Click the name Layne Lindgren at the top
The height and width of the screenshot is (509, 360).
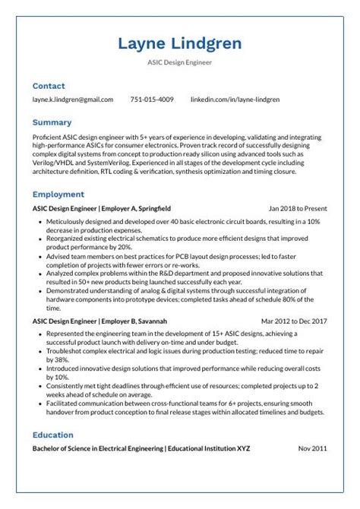179,43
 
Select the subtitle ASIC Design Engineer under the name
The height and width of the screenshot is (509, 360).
179,62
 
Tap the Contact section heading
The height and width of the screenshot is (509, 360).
49,86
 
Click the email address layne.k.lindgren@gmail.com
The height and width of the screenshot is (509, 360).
73,100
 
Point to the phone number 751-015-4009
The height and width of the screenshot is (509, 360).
152,100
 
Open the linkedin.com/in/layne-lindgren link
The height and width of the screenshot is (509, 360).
235,100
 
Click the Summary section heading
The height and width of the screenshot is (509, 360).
52,122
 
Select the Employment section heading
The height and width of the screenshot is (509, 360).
58,194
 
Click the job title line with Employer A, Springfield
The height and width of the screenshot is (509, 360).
102,208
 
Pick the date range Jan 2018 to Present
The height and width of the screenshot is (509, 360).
298,208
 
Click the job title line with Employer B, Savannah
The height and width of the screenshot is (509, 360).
99,321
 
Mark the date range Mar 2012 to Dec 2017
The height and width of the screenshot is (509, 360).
294,321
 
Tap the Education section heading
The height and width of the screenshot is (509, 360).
53,435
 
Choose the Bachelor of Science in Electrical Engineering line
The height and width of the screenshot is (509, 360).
141,449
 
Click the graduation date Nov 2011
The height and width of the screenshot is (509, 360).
312,449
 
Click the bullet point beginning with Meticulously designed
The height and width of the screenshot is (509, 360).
182,224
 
